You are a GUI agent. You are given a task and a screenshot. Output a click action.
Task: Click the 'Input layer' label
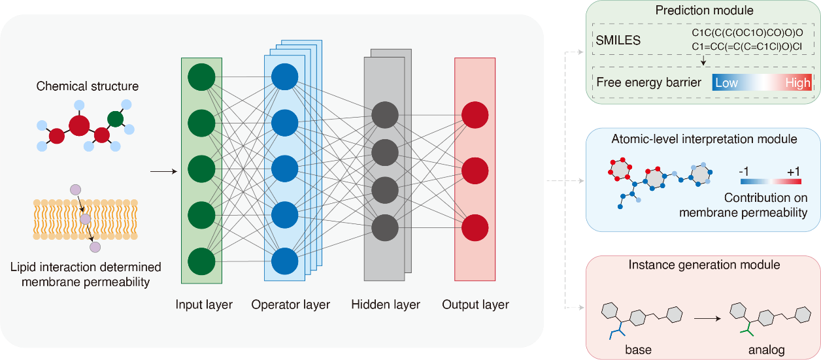coord(204,304)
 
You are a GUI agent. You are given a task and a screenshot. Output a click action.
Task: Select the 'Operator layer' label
coord(290,304)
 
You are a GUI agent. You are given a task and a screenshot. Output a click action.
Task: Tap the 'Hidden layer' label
coord(386,304)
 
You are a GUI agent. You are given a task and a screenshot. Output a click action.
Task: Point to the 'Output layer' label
coord(475,304)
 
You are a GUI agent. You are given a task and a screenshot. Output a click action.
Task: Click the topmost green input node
coord(201,76)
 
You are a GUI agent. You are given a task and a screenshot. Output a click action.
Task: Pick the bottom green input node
coord(201,261)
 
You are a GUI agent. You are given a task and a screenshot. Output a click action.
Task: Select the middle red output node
coord(475,172)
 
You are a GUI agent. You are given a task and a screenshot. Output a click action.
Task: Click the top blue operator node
coord(284,76)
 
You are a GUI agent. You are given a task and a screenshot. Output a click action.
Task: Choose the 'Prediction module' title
coord(703,10)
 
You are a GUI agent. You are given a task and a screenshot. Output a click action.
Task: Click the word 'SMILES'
coord(618,41)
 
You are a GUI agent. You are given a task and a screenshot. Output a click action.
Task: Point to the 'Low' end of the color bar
coord(726,83)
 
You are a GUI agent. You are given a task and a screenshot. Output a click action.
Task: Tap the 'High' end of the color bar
coord(797,83)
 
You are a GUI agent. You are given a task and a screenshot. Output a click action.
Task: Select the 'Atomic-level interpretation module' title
coord(703,139)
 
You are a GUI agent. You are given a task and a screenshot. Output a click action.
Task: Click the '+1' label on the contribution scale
coord(794,171)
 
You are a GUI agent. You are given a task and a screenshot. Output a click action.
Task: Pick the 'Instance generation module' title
coord(703,265)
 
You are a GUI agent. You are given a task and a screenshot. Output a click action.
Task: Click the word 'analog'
coord(766,349)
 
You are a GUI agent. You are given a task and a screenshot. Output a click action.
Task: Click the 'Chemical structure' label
coord(88,86)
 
